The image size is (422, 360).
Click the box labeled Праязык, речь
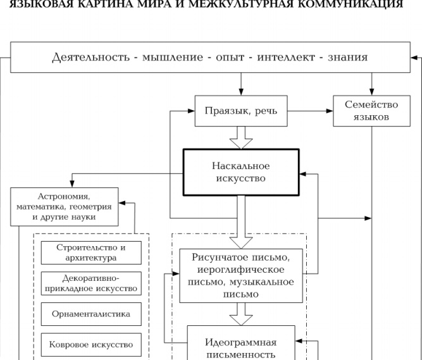(240, 111)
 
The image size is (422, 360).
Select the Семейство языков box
(371, 111)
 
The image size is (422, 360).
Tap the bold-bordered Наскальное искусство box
(240, 172)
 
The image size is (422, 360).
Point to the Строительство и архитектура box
(90, 252)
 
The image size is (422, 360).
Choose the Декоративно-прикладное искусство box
(90, 283)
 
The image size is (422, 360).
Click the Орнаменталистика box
(90, 314)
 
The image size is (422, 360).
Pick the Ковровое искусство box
(90, 345)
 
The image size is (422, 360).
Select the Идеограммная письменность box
(240, 347)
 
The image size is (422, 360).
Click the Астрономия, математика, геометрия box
(64, 206)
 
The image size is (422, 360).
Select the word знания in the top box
(347, 58)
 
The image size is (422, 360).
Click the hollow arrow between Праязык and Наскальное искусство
(240, 137)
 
